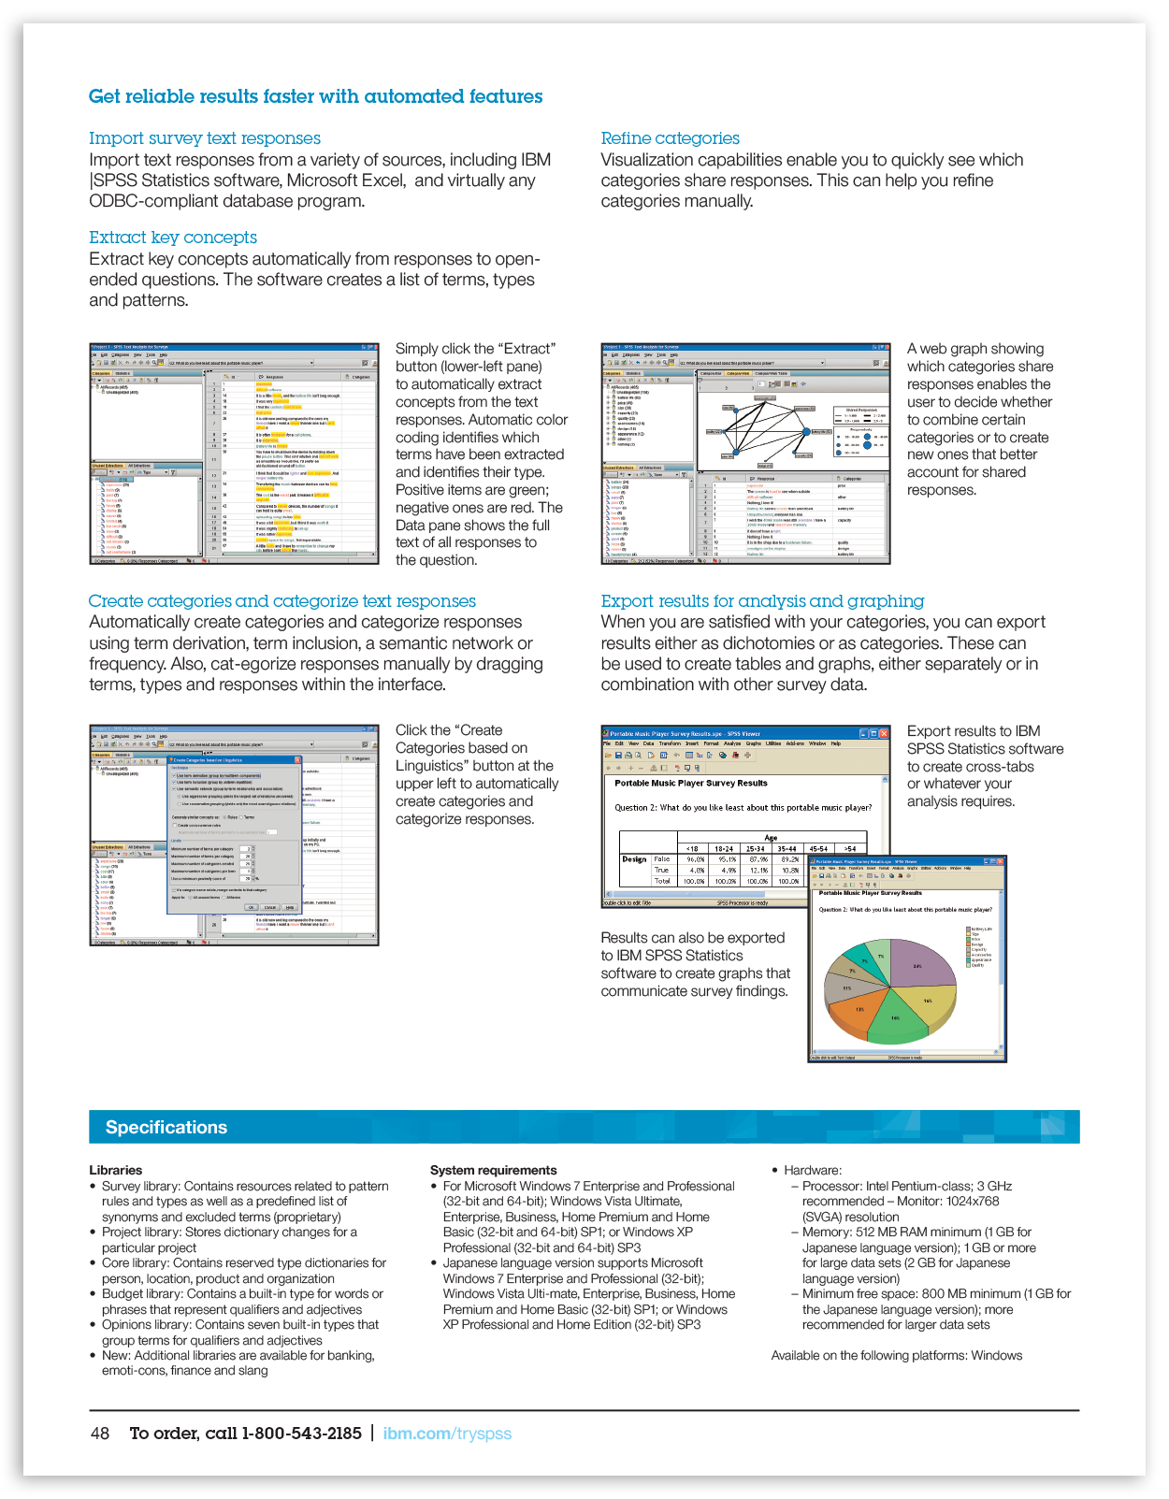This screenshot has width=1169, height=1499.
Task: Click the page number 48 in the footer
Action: click(x=100, y=1434)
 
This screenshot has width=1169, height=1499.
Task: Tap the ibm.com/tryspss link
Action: click(x=447, y=1434)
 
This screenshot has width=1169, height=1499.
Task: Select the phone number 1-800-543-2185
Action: click(x=301, y=1434)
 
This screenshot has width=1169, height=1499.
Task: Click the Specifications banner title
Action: click(x=166, y=1127)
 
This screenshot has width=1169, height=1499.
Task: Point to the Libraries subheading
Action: click(x=116, y=1170)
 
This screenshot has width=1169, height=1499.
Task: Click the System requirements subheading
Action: click(x=493, y=1170)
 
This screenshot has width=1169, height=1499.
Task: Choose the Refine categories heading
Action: click(x=670, y=138)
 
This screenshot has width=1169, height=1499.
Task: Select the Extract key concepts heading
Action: click(x=173, y=238)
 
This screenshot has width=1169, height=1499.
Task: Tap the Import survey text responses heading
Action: click(x=205, y=138)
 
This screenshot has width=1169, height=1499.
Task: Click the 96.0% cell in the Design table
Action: click(x=695, y=858)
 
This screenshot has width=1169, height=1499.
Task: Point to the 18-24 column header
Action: click(x=725, y=849)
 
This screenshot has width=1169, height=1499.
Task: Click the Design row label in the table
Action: click(x=634, y=858)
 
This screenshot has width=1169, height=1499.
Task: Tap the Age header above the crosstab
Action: click(x=771, y=838)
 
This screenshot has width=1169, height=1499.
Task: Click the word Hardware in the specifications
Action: click(x=812, y=1170)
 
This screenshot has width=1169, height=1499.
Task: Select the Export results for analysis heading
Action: click(x=762, y=601)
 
